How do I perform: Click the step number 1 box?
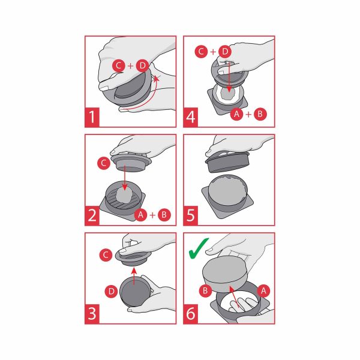coord(92,117)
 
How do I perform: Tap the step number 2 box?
coord(92,215)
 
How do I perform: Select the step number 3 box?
coord(92,314)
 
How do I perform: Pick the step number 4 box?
coord(191,117)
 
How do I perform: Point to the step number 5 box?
coord(191,215)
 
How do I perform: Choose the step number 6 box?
coord(191,314)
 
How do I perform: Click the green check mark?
coord(199,248)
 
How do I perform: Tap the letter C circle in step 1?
coord(119,66)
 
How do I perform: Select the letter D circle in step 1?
coord(143,66)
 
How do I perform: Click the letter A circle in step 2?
coord(141,215)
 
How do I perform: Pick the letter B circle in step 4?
coord(260,114)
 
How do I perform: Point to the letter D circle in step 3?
coord(112,292)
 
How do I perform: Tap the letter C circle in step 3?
coord(106,255)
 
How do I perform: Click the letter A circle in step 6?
coord(263,291)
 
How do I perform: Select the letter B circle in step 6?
coord(205,291)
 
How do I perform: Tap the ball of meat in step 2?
coord(124,195)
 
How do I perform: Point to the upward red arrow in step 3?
coord(134,276)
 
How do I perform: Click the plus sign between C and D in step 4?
coord(213,52)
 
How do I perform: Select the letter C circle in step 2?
coord(104,163)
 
